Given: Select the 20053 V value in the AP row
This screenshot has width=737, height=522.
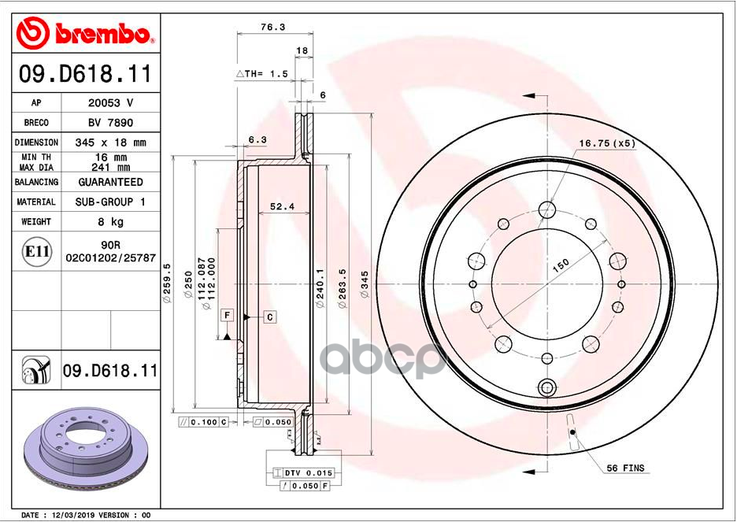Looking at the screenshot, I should (x=110, y=103).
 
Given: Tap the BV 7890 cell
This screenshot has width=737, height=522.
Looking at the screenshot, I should (x=110, y=123).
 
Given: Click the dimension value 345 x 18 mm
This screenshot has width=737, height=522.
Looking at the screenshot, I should (x=110, y=143).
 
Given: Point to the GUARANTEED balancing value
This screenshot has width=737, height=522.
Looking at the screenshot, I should (x=110, y=182).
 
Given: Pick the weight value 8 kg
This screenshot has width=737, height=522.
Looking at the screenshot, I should (x=110, y=222).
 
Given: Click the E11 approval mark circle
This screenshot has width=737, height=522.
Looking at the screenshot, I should (x=38, y=252).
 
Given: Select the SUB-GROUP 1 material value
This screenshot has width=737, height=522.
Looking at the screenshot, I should (x=110, y=202).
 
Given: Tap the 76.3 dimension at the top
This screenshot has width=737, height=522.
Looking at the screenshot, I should (x=272, y=27).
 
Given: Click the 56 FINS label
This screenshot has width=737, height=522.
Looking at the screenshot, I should (x=625, y=468).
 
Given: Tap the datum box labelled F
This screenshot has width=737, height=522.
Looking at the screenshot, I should (x=227, y=315).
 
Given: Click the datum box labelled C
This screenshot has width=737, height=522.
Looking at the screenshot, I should (x=269, y=317).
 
